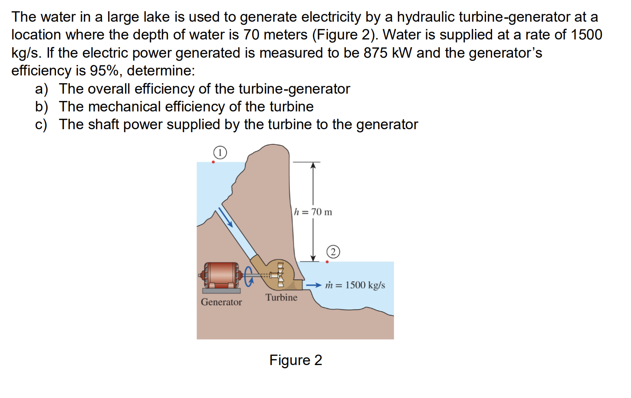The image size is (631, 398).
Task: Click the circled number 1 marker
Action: [x=220, y=153]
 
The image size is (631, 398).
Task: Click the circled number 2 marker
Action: [x=333, y=252]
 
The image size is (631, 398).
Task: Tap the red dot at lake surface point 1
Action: [x=213, y=162]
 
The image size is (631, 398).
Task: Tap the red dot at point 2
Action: [x=327, y=262]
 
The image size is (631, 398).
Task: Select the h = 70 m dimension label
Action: [x=313, y=212]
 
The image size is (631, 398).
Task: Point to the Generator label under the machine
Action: [x=221, y=302]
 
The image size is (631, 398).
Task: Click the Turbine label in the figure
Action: [x=282, y=297]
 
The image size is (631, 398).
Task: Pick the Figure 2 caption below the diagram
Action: [x=296, y=360]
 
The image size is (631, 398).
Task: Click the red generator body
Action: [x=221, y=275]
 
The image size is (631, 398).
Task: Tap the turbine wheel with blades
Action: [x=280, y=274]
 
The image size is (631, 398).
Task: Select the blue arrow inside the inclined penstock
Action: [x=226, y=217]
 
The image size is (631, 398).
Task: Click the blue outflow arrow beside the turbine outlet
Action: [x=314, y=285]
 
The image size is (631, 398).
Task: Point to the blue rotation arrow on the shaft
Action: [x=249, y=276]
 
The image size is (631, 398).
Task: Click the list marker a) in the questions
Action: [x=41, y=89]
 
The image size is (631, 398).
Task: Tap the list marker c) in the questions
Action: [x=41, y=125]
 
